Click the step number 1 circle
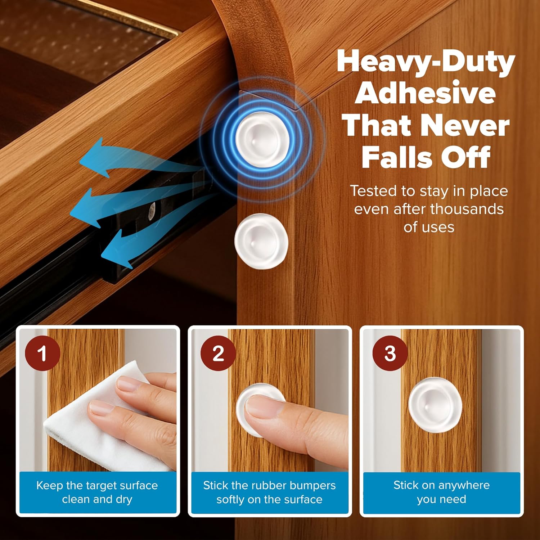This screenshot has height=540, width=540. click(42, 353)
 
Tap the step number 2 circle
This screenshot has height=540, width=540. click(218, 353)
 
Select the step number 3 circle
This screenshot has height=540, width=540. click(390, 353)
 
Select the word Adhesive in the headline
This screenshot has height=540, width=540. click(426, 93)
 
